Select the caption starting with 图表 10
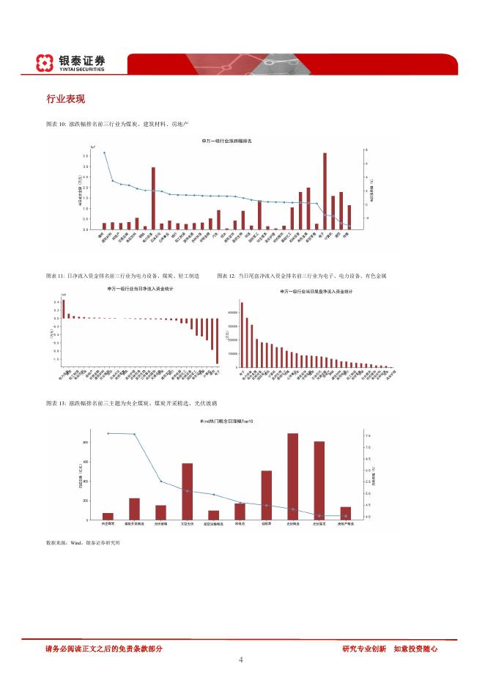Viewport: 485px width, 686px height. pyautogui.click(x=118, y=125)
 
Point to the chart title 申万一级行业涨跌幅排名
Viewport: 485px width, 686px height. pyautogui.click(x=226, y=140)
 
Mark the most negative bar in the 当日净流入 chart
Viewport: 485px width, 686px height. pyautogui.click(x=218, y=340)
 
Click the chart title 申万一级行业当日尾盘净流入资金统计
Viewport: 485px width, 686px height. pyautogui.click(x=316, y=291)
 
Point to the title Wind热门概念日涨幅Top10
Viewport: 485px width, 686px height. pyautogui.click(x=226, y=421)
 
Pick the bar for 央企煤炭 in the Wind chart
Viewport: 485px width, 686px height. pyautogui.click(x=108, y=516)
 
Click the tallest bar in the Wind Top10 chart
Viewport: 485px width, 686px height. pyautogui.click(x=292, y=476)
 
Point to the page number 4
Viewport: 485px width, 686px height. pyautogui.click(x=241, y=660)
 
